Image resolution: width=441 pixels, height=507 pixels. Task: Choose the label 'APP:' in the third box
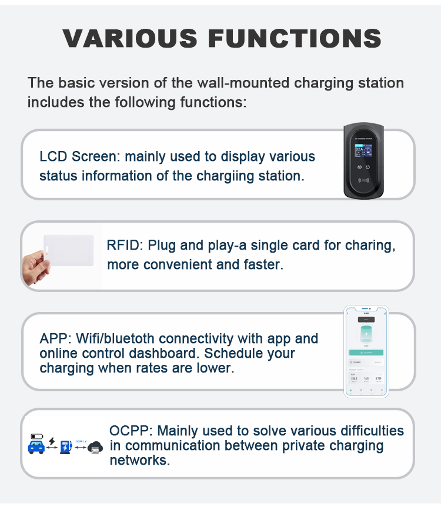pyautogui.click(x=56, y=339)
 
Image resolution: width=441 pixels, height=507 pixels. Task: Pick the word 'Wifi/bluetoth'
pyautogui.click(x=112, y=339)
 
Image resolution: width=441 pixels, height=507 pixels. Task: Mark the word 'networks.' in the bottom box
pyautogui.click(x=140, y=460)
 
